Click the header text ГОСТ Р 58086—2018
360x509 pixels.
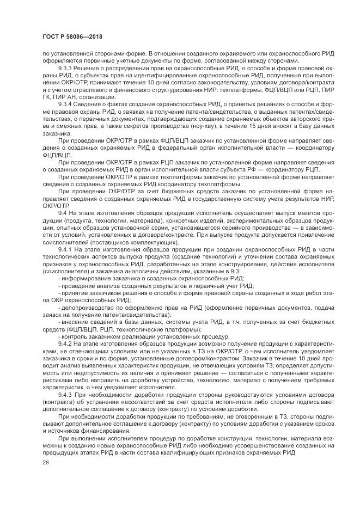(x=72, y=37)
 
